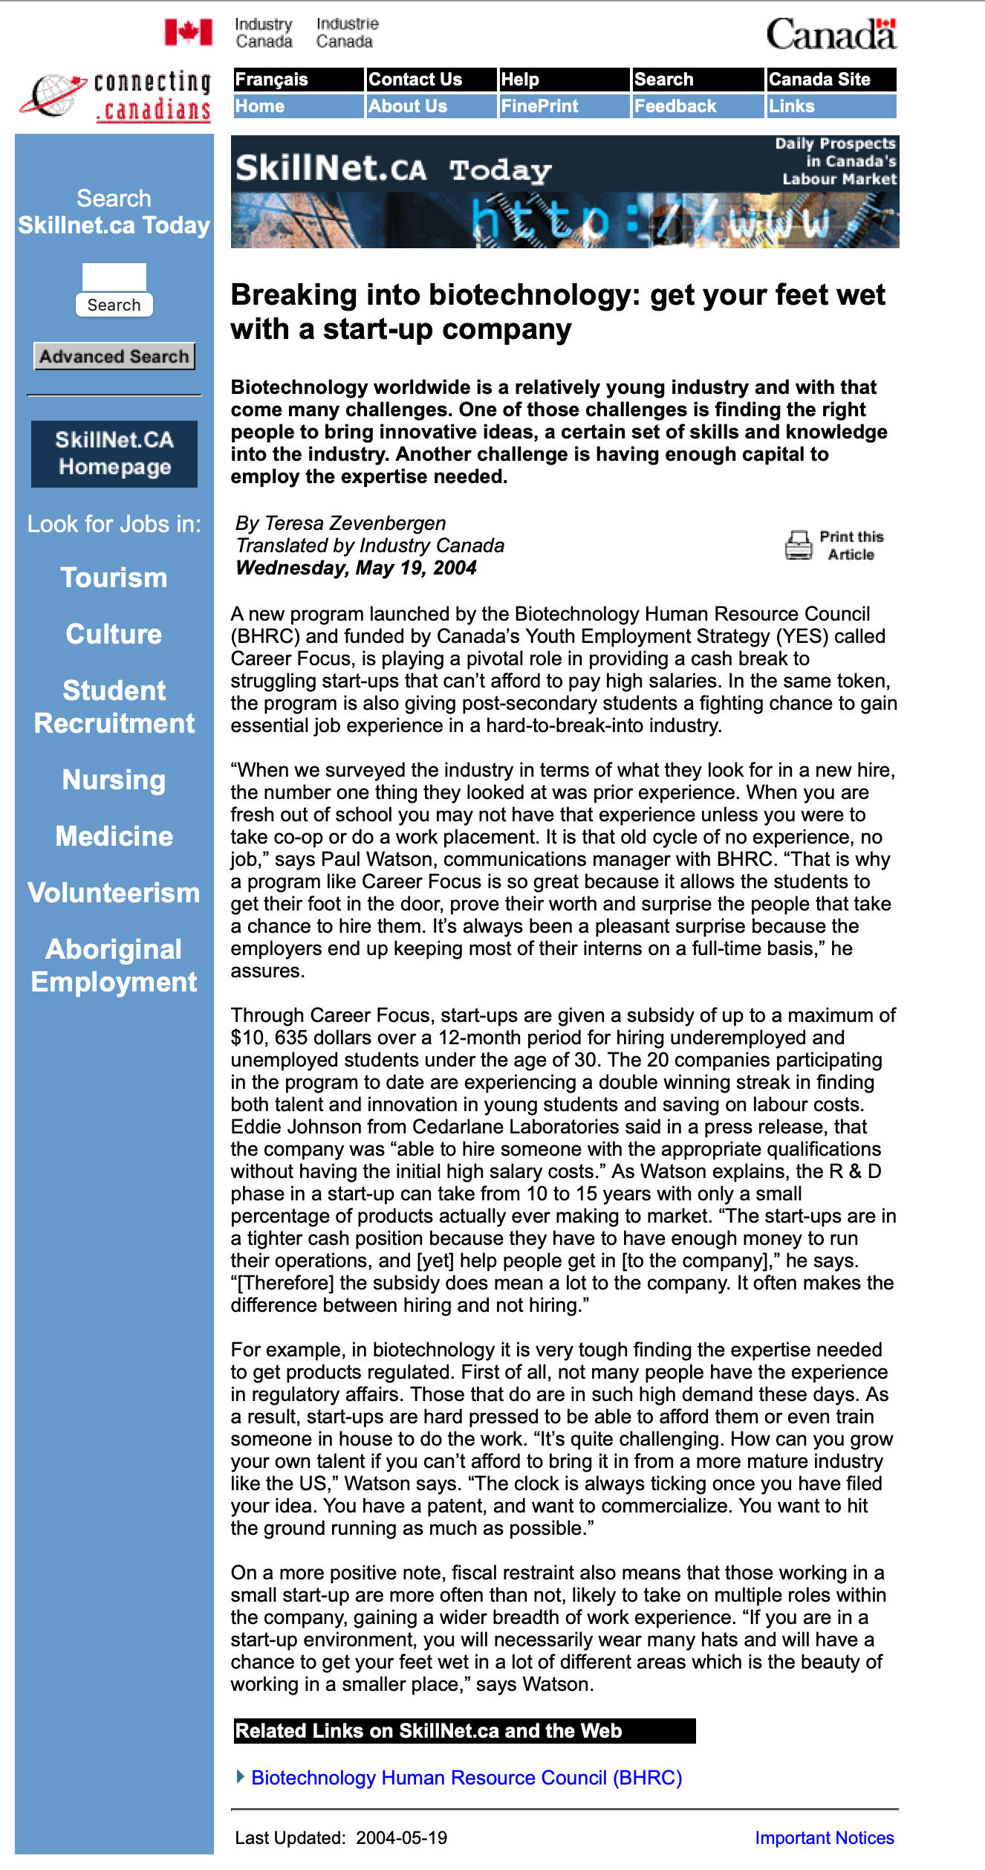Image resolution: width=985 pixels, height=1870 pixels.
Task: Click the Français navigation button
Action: click(x=298, y=80)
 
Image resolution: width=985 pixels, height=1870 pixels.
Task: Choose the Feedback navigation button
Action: click(x=697, y=106)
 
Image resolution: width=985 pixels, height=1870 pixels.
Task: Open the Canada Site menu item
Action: click(x=830, y=80)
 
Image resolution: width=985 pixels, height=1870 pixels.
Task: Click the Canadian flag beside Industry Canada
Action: click(x=189, y=33)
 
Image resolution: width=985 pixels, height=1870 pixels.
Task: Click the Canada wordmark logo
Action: click(x=831, y=34)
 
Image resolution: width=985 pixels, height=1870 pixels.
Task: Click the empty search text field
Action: click(x=114, y=277)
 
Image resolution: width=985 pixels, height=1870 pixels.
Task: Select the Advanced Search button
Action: click(x=114, y=356)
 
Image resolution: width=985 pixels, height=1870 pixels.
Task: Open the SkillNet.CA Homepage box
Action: click(x=114, y=453)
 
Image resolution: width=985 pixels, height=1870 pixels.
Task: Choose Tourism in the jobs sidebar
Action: click(x=114, y=577)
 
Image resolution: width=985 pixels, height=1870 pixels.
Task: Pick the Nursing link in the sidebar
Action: click(x=114, y=780)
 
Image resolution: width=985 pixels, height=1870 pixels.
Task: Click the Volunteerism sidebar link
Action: click(x=114, y=893)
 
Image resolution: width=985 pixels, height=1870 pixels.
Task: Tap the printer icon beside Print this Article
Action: click(x=799, y=545)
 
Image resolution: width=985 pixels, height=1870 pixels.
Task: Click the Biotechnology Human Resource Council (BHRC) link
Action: click(x=467, y=1777)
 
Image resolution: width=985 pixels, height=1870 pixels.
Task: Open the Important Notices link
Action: click(x=824, y=1837)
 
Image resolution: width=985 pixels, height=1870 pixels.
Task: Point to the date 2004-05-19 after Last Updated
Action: click(x=401, y=1837)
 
